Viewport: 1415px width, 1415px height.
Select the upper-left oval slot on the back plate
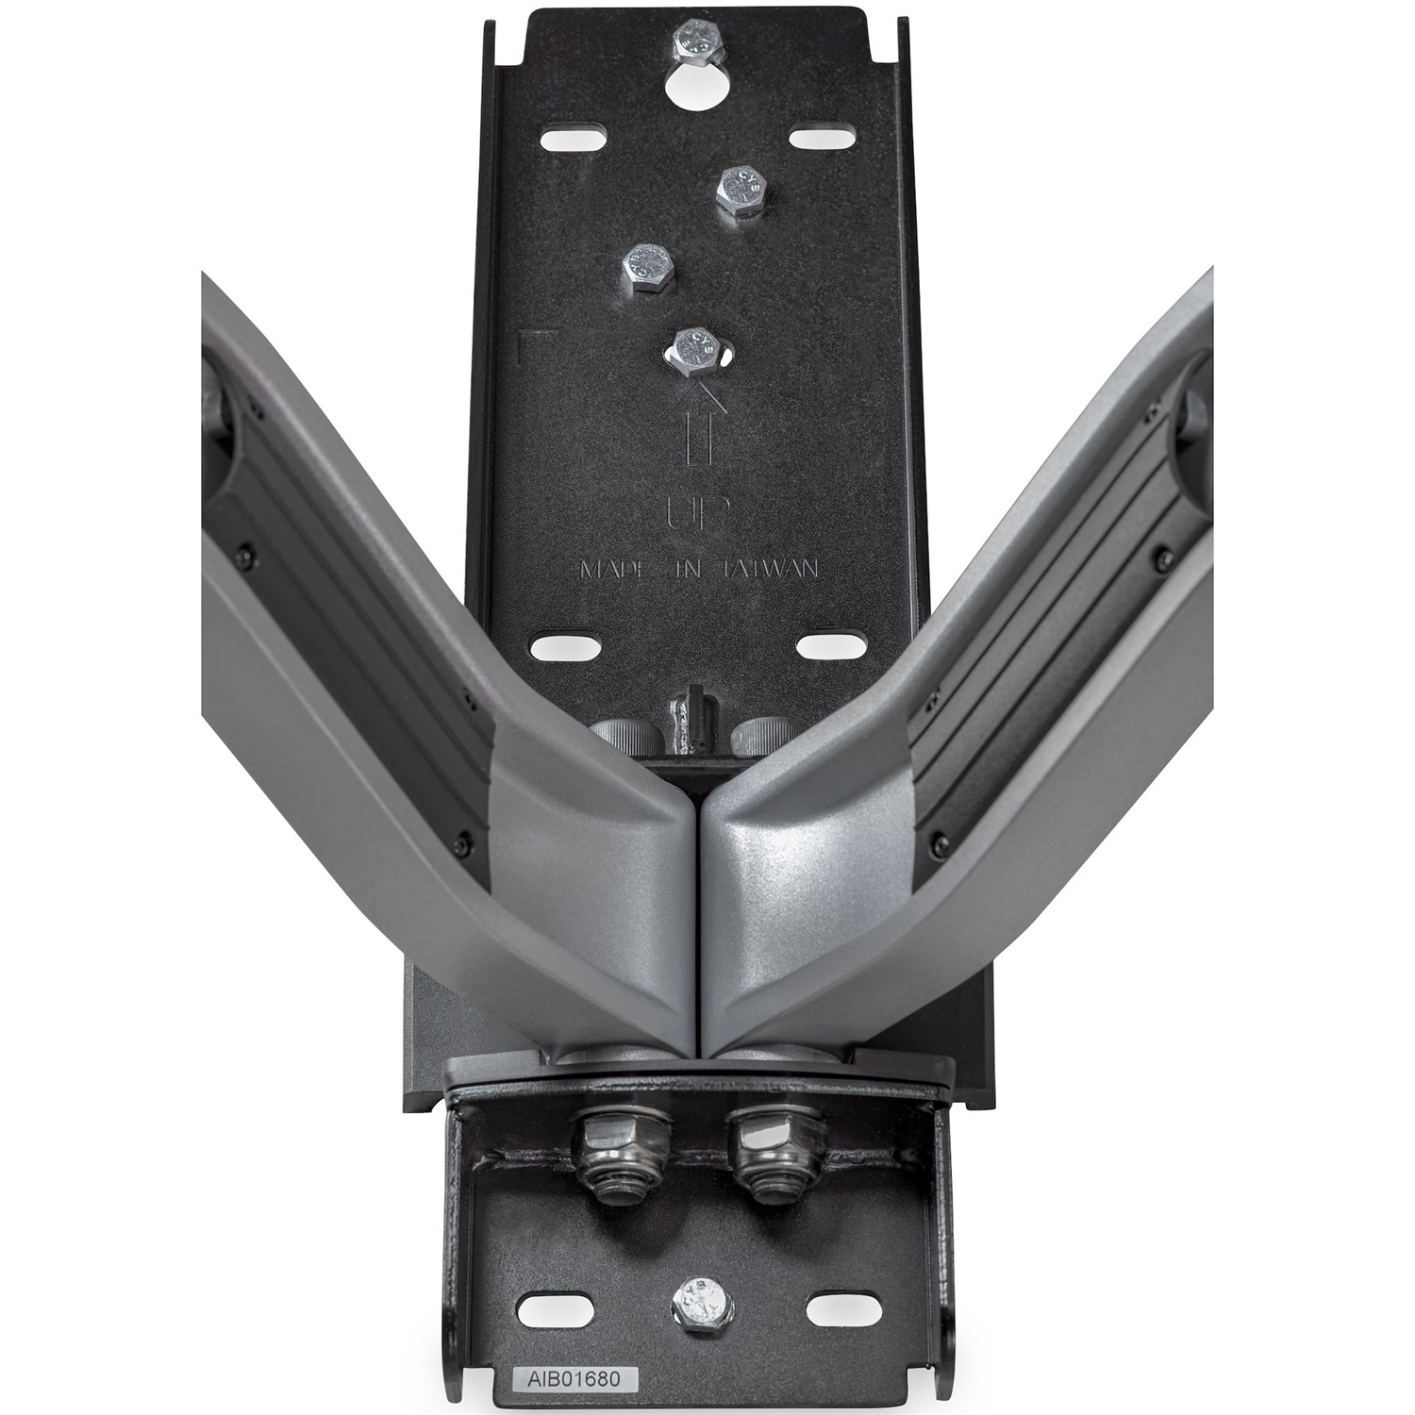[x=574, y=139]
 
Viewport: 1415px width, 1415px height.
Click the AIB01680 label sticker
[x=566, y=1381]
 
